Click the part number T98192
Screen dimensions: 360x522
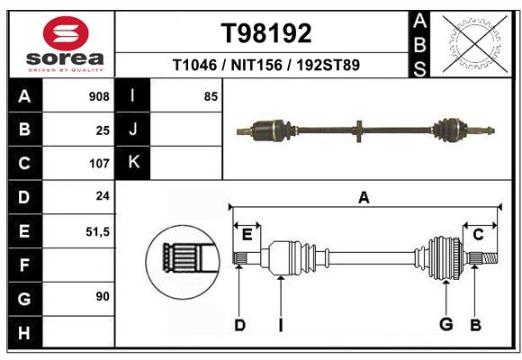pos(266,33)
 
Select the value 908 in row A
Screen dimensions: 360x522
pos(99,96)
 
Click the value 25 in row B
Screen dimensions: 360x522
pos(103,130)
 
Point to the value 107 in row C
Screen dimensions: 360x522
pos(99,164)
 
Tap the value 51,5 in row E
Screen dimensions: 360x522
pos(97,231)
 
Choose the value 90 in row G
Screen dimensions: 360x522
pos(103,296)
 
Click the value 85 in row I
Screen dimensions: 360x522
pos(211,96)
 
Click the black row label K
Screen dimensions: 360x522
pos(133,163)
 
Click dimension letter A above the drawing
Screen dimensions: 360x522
pos(364,197)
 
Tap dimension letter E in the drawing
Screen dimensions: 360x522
pos(247,235)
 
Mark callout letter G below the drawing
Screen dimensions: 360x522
pos(444,325)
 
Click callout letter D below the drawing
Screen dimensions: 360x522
pos(239,325)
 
